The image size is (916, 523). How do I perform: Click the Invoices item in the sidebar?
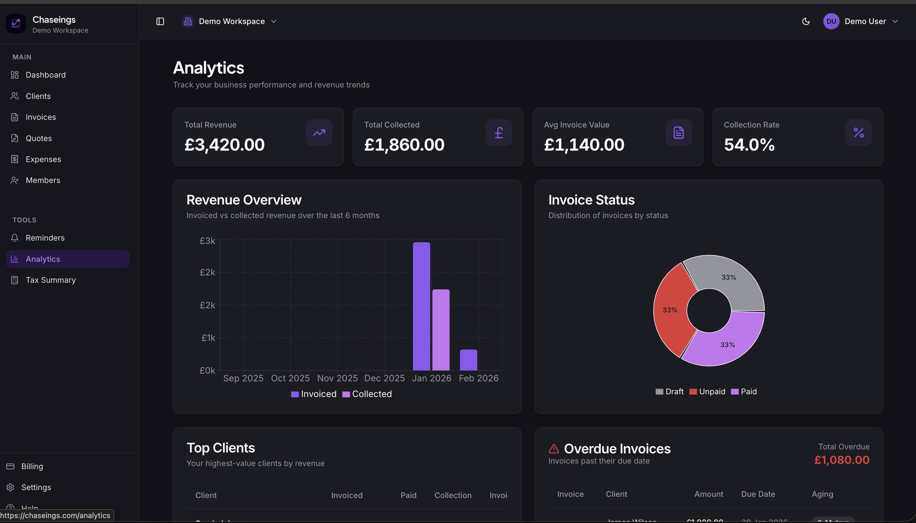pyautogui.click(x=40, y=117)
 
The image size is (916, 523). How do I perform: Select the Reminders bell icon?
pyautogui.click(x=14, y=238)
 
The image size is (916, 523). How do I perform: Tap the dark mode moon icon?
pyautogui.click(x=806, y=22)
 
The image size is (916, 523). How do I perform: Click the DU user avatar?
pyautogui.click(x=831, y=22)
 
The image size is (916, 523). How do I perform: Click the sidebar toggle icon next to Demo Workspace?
pyautogui.click(x=160, y=22)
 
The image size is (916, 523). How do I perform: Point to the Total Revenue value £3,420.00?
pyautogui.click(x=225, y=145)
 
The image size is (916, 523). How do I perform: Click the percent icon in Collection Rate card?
pyautogui.click(x=858, y=132)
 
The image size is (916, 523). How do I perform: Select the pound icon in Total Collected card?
pyautogui.click(x=498, y=132)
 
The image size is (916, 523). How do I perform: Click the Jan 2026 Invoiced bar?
pyautogui.click(x=421, y=306)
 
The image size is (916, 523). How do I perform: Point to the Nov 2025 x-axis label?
pyautogui.click(x=337, y=378)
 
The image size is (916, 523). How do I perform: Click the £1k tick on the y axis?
pyautogui.click(x=208, y=338)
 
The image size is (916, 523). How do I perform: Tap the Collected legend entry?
pyautogui.click(x=367, y=394)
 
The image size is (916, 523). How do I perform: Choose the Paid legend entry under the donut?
pyautogui.click(x=744, y=391)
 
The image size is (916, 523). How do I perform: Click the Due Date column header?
pyautogui.click(x=758, y=494)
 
